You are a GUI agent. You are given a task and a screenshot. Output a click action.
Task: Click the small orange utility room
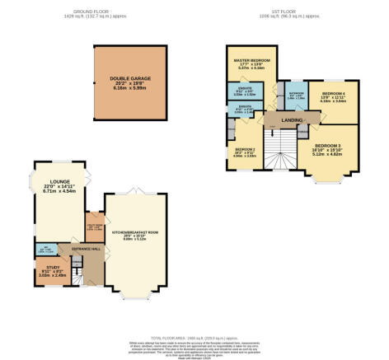click(x=93, y=227)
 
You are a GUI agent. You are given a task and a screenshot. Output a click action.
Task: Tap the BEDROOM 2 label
click(x=243, y=154)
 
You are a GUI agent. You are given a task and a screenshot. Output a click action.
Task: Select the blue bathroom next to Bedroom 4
click(x=295, y=96)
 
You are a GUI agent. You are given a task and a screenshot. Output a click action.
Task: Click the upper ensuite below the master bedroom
click(x=245, y=93)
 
